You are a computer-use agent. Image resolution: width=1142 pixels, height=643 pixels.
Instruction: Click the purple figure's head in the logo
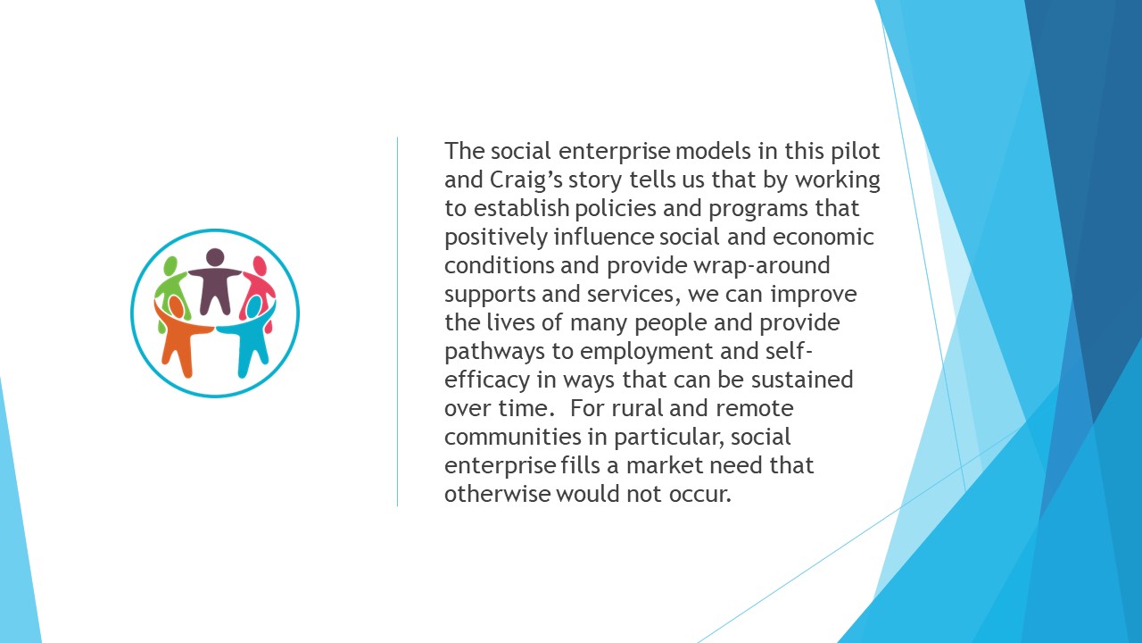[215, 257]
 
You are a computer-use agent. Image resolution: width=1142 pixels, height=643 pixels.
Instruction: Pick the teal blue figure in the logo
[250, 334]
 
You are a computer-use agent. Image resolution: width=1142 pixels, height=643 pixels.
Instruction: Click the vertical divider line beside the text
[398, 321]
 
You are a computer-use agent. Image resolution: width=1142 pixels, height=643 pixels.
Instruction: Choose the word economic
[823, 238]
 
